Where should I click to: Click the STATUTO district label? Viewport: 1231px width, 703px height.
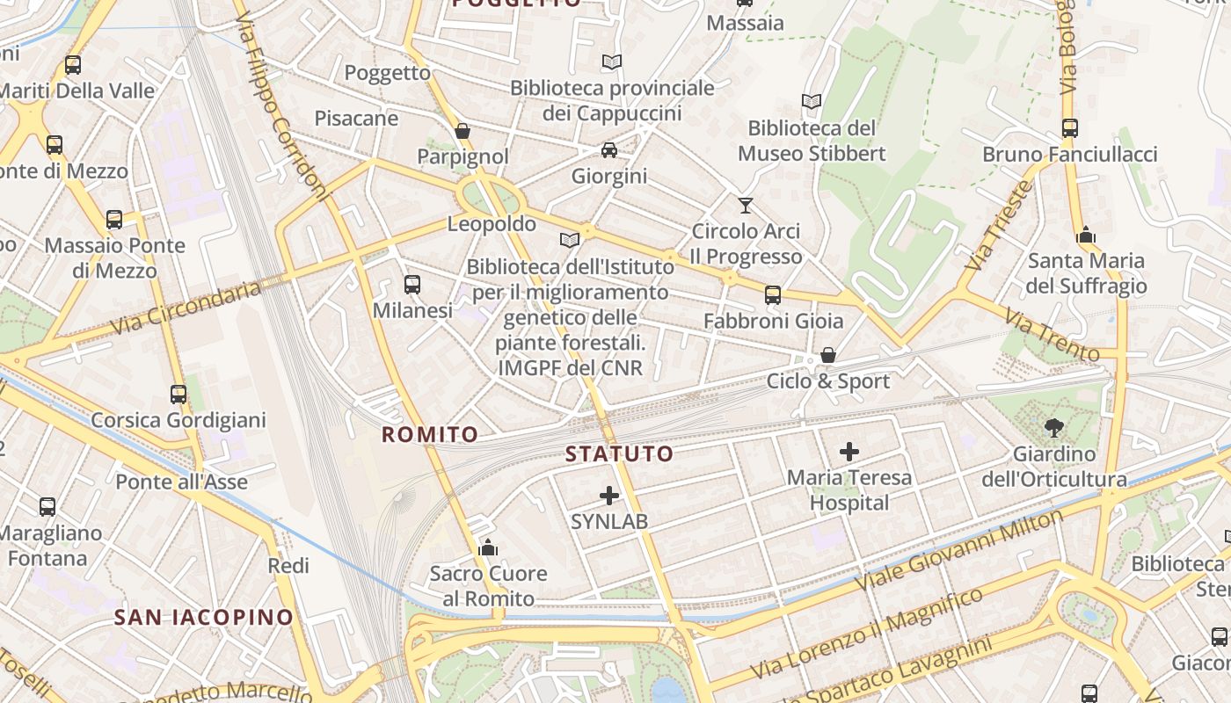click(x=619, y=454)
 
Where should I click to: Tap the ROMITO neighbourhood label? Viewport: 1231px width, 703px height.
click(x=430, y=434)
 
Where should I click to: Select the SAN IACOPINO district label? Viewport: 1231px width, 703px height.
click(x=203, y=617)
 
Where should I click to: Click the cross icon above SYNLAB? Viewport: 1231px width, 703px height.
click(x=609, y=496)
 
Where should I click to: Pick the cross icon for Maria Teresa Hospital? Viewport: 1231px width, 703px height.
click(x=849, y=452)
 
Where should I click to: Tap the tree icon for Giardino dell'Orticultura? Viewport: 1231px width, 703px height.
click(x=1053, y=428)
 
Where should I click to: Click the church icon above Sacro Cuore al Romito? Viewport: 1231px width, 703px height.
click(x=488, y=548)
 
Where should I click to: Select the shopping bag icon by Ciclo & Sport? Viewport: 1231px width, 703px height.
click(x=827, y=355)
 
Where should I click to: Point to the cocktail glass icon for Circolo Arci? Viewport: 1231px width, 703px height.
click(x=746, y=206)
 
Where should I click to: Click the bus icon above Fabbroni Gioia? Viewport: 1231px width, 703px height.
click(x=772, y=295)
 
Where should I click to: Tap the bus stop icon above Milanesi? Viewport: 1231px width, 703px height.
click(x=412, y=284)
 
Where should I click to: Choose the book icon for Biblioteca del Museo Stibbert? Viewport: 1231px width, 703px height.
click(x=811, y=102)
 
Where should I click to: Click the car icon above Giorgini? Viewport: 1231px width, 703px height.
click(x=608, y=150)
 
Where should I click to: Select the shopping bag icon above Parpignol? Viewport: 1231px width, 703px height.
click(x=463, y=131)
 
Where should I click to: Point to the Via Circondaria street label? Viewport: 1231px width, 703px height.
click(x=186, y=308)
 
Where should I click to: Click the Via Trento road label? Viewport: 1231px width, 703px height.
click(x=1052, y=336)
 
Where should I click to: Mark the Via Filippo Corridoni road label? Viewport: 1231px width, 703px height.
click(x=283, y=105)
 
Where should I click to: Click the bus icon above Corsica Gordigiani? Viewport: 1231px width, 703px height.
click(x=178, y=395)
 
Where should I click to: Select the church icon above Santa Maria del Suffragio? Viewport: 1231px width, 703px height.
click(x=1086, y=235)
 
